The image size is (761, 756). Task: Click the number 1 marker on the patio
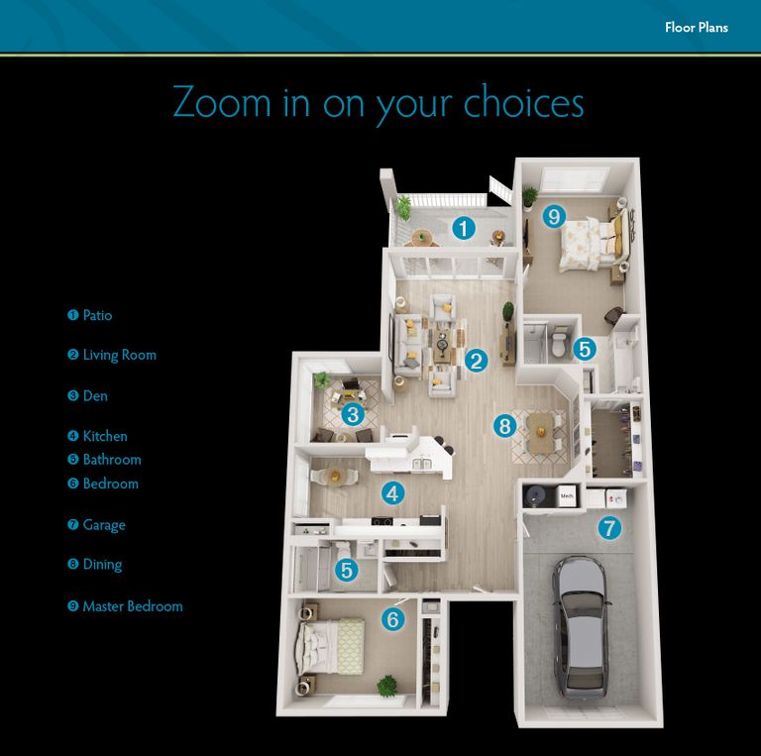tap(463, 229)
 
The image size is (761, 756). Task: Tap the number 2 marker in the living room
tap(477, 361)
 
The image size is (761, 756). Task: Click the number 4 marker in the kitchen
tap(393, 492)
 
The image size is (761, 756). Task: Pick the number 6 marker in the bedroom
tap(393, 620)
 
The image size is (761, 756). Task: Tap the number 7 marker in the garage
tap(608, 528)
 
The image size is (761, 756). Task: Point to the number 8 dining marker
tap(505, 426)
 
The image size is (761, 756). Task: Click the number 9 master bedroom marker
tap(554, 216)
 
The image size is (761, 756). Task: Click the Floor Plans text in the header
tap(696, 27)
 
